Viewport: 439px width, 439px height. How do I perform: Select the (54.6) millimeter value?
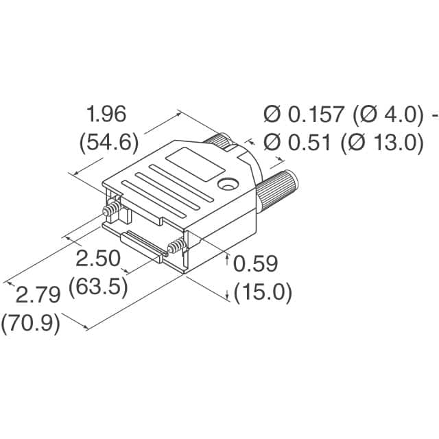click(x=109, y=143)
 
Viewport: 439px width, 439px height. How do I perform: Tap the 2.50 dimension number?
click(x=98, y=259)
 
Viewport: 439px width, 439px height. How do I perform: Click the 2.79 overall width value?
click(x=38, y=295)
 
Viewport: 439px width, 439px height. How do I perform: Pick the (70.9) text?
click(x=31, y=322)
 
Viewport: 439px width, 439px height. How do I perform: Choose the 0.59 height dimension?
click(x=256, y=264)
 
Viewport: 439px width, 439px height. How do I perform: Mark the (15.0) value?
click(x=263, y=293)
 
